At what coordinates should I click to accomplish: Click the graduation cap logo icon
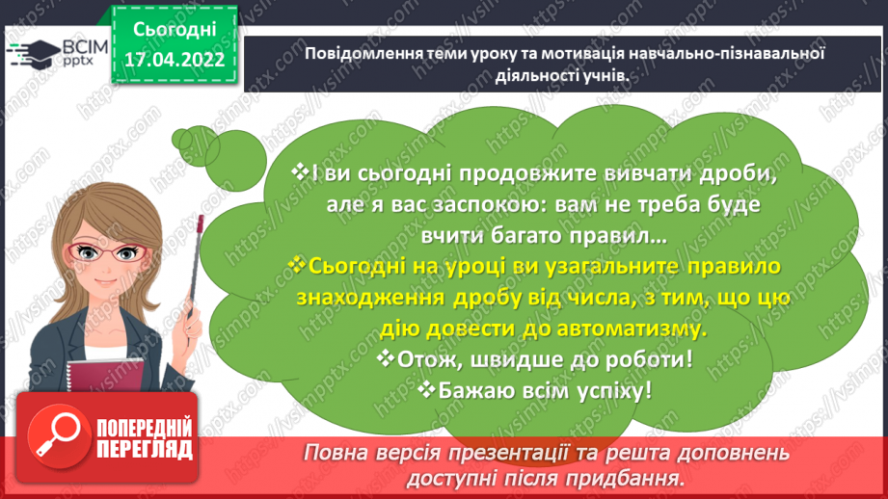(x=33, y=56)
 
